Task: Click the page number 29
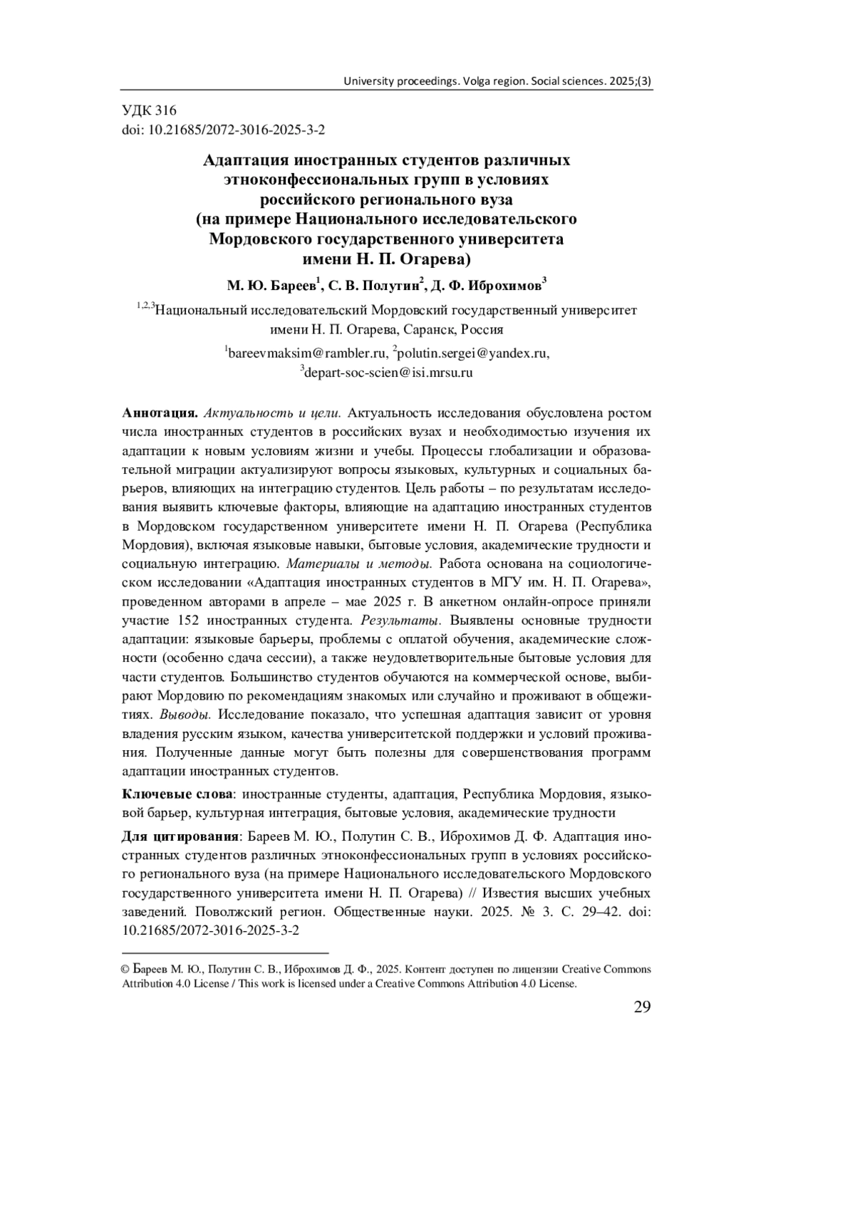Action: tap(641, 1007)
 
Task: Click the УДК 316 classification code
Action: tap(149, 110)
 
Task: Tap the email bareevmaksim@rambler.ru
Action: tap(308, 352)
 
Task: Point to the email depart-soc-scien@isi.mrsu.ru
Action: tap(388, 372)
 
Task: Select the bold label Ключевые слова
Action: tap(177, 794)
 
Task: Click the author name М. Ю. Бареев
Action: tap(272, 286)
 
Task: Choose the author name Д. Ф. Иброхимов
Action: tap(487, 286)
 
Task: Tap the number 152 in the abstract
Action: tap(184, 620)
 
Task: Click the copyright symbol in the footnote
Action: tap(126, 970)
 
